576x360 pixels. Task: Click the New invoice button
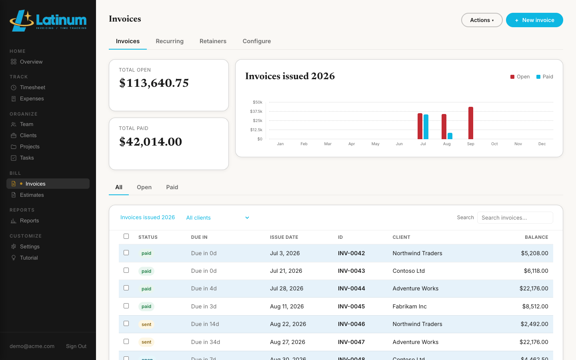click(534, 20)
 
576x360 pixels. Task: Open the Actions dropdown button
click(482, 20)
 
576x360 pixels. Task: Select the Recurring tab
click(170, 41)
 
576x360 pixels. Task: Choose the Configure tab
click(257, 41)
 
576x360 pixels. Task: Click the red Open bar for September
click(470, 123)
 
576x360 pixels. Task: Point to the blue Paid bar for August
click(450, 136)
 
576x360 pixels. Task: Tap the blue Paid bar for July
click(426, 127)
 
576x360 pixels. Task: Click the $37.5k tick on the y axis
click(256, 111)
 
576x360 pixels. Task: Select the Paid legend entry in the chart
click(545, 77)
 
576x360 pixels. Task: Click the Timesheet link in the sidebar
click(32, 88)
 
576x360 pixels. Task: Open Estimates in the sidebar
click(32, 195)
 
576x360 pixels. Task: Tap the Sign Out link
click(76, 346)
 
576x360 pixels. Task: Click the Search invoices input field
click(515, 218)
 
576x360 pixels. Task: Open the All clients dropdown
click(218, 218)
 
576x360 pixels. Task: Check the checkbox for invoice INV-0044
click(126, 288)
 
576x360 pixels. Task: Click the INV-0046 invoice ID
click(351, 324)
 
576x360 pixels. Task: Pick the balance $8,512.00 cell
click(535, 306)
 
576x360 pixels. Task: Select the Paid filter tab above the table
click(172, 187)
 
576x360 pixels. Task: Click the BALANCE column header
click(536, 237)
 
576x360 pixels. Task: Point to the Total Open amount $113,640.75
click(154, 83)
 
